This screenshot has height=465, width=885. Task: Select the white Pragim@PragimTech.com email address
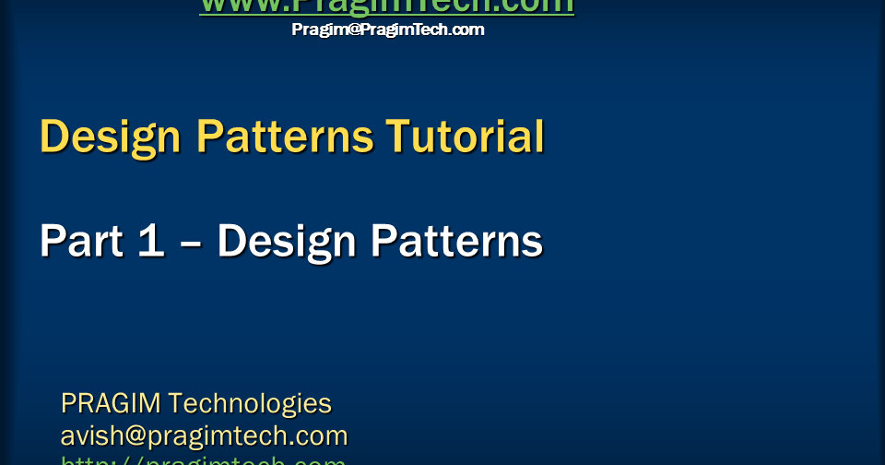coord(387,30)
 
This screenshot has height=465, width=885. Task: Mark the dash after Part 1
coord(191,243)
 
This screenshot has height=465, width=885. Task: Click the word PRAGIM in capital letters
coord(110,403)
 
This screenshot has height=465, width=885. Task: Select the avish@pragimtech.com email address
coord(204,435)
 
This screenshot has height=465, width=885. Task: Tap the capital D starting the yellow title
coord(54,137)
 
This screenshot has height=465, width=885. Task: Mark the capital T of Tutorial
coord(397,137)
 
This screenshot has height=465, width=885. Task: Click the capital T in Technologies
coord(175,403)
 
